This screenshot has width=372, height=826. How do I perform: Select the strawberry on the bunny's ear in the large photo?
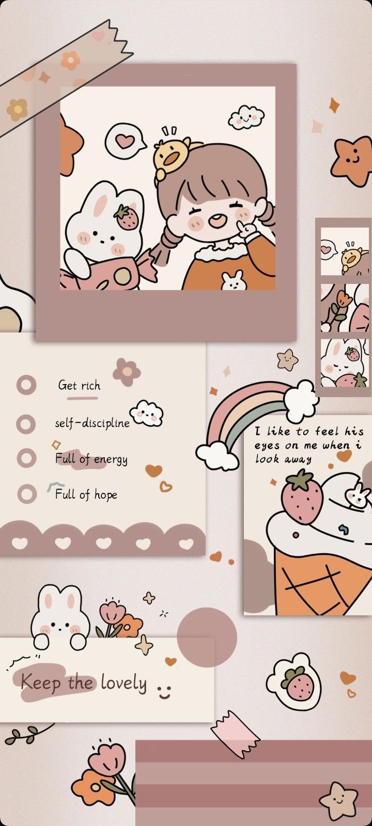pos(126,217)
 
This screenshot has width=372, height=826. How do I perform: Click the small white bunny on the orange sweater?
pos(232,280)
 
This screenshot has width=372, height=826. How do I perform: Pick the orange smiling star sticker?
pos(353,160)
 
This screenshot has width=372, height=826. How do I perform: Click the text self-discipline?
pos(92,423)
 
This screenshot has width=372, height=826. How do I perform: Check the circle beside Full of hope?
pos(26,494)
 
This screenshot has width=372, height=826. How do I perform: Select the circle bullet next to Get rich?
pos(26,385)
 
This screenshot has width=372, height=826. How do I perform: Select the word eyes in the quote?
pos(268,446)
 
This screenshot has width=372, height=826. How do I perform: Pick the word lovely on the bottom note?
pos(123,683)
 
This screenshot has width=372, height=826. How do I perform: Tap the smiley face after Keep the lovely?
pos(164,691)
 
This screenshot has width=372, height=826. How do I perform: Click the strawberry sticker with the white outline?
pos(298,682)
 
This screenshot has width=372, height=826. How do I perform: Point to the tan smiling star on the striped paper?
pos(338,801)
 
